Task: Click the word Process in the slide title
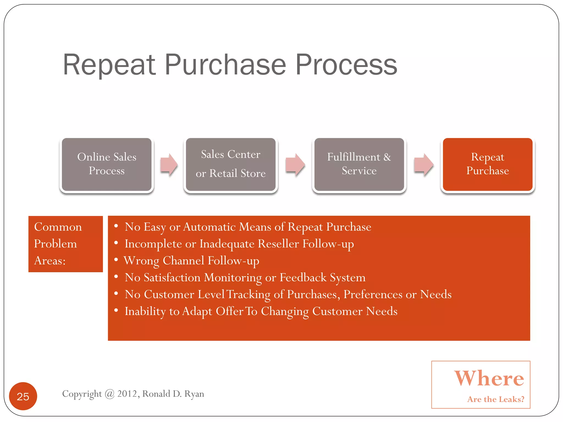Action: point(346,65)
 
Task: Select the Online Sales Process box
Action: point(107,164)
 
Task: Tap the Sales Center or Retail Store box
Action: point(231,164)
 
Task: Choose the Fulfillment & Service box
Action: point(359,164)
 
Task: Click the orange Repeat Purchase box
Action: point(487,164)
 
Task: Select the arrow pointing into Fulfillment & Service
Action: point(295,164)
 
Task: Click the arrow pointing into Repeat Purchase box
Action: point(424,164)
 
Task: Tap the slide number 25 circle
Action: point(23,396)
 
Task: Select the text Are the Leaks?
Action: point(496,399)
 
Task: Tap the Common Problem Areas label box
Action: point(65,244)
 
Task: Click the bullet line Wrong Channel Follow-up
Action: point(192,261)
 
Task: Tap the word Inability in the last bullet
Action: point(145,311)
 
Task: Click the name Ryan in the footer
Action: point(194,394)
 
